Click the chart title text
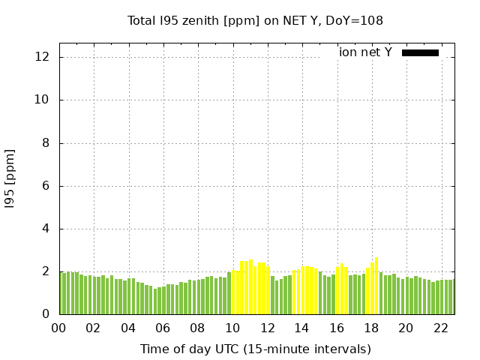255,20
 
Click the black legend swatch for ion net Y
420,52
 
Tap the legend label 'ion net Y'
365,52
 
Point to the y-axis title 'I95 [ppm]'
10,178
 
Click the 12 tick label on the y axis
43,57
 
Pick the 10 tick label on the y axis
43,100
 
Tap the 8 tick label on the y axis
46,143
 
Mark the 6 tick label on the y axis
46,186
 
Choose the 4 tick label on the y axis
46,229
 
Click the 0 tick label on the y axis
46,314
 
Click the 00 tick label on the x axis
58,328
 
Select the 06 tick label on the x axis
163,328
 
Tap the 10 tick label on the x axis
232,328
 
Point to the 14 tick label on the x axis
301,328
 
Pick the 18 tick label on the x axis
371,328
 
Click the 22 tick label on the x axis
440,328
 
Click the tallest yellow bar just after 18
376,286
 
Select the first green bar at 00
61,293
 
